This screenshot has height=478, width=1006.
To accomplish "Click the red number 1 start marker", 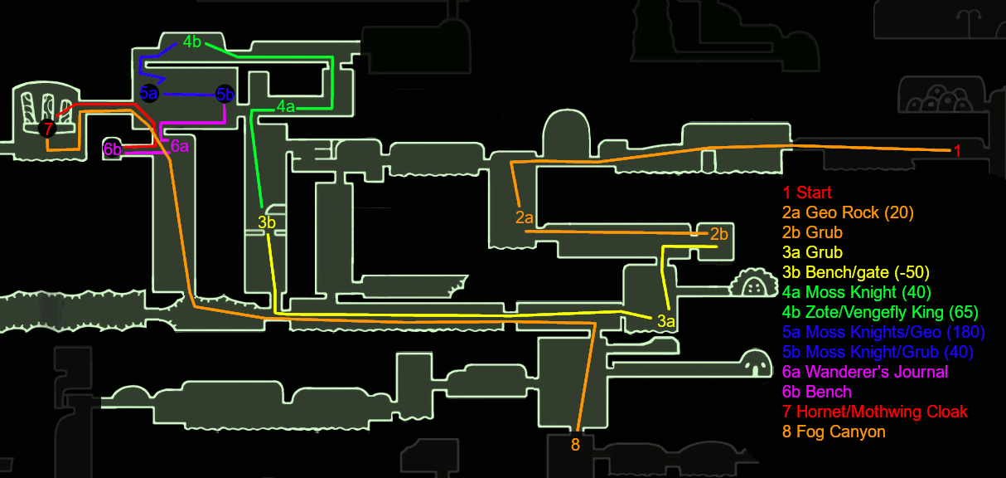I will tap(957, 151).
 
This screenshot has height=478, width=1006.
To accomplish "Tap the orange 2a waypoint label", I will tap(524, 217).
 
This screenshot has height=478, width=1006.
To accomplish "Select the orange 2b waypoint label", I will tap(718, 233).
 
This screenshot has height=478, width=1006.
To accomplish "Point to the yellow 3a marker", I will tap(666, 321).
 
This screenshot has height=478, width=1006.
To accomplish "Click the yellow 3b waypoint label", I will tap(266, 222).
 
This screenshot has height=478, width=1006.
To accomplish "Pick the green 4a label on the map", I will tap(286, 106).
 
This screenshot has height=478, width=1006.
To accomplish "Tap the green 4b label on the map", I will tap(192, 42).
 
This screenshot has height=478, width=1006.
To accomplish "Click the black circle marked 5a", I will tap(149, 94).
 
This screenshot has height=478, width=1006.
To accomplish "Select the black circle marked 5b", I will tap(225, 95).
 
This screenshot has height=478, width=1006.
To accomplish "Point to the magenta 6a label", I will tap(180, 147).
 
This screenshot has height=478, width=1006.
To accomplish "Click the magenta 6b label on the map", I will tap(113, 149).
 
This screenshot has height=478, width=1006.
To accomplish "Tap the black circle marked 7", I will tap(48, 128).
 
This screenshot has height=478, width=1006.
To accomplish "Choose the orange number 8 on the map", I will tap(575, 444).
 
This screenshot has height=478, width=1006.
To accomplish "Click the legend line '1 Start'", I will tap(807, 193).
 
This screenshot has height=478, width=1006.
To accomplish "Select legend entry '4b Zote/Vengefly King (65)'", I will tap(880, 312).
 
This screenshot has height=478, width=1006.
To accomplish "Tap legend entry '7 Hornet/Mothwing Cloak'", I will tap(874, 412).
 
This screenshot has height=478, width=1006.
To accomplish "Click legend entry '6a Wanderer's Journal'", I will tap(864, 372).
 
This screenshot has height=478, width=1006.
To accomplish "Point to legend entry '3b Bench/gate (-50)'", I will tap(856, 272).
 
